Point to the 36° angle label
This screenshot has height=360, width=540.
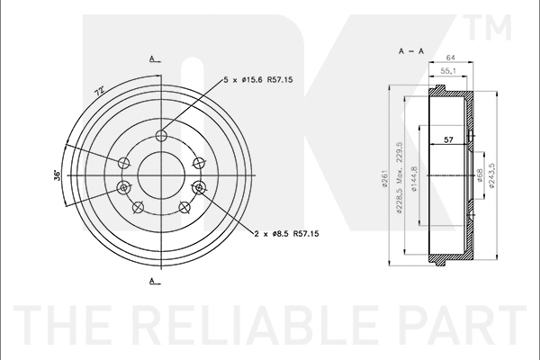57,174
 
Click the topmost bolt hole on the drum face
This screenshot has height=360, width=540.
161,136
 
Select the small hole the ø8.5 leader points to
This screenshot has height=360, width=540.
200,188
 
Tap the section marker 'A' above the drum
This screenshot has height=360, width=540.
153,58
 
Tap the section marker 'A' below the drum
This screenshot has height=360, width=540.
153,283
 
